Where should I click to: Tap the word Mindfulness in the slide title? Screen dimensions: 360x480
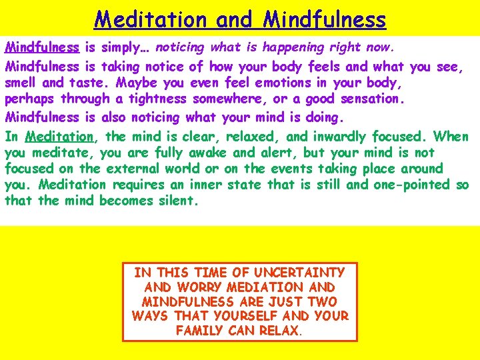(324, 19)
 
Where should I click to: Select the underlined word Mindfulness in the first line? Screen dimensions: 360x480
(42, 47)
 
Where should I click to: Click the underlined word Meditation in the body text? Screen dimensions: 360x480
(60, 136)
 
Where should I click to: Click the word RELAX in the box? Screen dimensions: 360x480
(279, 330)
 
